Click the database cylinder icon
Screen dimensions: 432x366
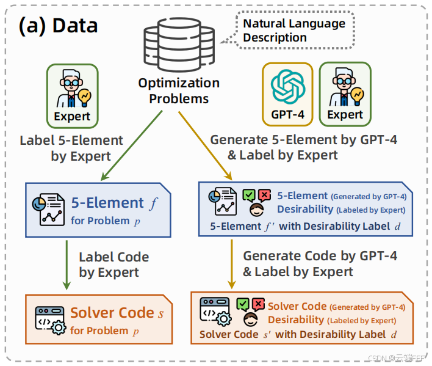(x=179, y=45)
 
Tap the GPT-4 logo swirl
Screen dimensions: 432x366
(x=287, y=86)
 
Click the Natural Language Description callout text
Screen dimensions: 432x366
(x=294, y=31)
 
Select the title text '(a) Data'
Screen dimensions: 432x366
(x=58, y=26)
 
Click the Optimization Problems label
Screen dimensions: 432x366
(x=179, y=91)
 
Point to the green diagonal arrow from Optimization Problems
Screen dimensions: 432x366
(x=132, y=145)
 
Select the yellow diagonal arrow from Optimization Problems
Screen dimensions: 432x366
(x=205, y=145)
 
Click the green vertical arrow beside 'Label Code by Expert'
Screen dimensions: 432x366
(x=67, y=265)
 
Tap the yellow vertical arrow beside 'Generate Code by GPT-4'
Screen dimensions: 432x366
(x=232, y=264)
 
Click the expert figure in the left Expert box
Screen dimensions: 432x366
(x=73, y=88)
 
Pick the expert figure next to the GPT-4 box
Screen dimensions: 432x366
(x=345, y=87)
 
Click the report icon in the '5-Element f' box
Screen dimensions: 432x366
(x=48, y=210)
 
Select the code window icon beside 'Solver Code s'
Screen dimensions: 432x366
(x=51, y=320)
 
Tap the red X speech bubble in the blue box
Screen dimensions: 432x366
(x=264, y=196)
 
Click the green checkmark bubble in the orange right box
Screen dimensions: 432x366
(x=243, y=304)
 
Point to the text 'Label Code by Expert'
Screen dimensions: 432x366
(x=113, y=265)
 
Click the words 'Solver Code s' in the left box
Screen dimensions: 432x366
(x=117, y=313)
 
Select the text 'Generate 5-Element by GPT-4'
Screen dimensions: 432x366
(x=304, y=140)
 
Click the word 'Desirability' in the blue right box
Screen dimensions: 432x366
(x=305, y=210)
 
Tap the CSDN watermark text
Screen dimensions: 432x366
(x=396, y=358)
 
